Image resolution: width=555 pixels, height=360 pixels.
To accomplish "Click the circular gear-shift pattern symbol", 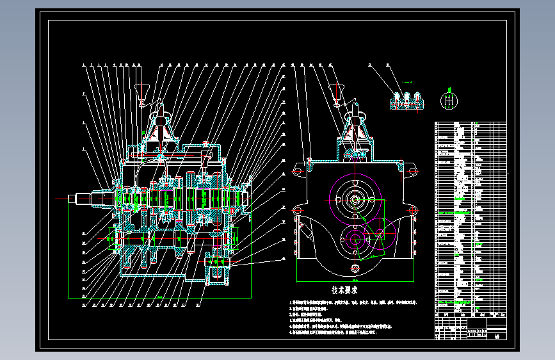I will [x=451, y=101].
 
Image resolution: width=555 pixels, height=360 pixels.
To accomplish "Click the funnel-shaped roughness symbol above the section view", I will [x=142, y=91].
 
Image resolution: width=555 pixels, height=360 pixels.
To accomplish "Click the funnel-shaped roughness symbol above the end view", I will [x=335, y=91].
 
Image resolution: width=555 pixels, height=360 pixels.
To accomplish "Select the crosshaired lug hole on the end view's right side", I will [x=413, y=209].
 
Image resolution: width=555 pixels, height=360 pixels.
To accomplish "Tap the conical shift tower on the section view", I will [x=161, y=127].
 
